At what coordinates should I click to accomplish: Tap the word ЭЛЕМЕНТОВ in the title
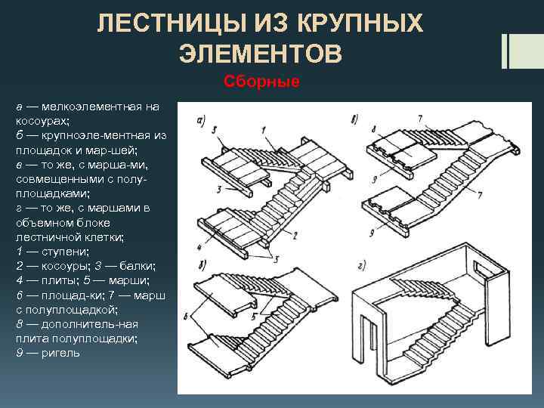[260, 54]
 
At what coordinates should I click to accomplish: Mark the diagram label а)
[202, 119]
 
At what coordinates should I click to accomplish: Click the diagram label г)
[362, 266]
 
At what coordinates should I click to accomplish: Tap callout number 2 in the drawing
[295, 236]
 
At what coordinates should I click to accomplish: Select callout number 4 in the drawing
[199, 246]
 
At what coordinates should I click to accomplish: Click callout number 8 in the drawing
[373, 129]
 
